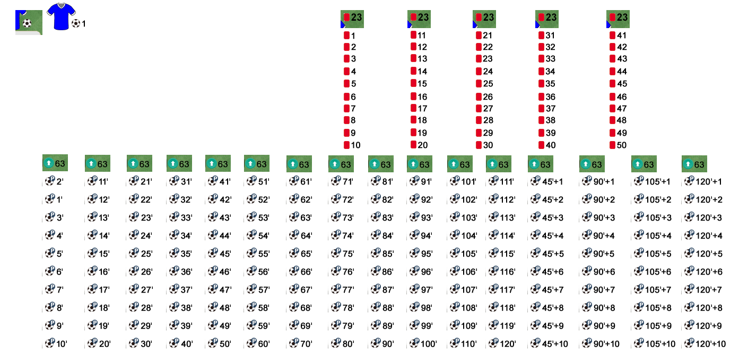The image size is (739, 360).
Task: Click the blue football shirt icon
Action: (61, 16)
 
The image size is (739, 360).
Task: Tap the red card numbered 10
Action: (352, 145)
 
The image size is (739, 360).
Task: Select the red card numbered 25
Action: (484, 84)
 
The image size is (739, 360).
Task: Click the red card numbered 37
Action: (547, 109)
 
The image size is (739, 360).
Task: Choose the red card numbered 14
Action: (419, 71)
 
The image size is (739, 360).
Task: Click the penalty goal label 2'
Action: (55, 181)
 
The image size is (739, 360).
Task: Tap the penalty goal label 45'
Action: (220, 253)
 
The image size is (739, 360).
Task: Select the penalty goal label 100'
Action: (423, 344)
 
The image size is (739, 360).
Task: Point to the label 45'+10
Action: (549, 344)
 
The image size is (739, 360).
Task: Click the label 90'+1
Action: (598, 181)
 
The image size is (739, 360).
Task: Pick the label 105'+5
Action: (652, 253)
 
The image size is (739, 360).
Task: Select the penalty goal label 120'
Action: (502, 344)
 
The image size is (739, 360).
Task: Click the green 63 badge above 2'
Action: (55, 163)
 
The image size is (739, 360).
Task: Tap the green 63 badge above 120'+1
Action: (694, 164)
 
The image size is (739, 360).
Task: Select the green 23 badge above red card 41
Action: (618, 19)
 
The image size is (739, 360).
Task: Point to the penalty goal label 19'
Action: (98, 326)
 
